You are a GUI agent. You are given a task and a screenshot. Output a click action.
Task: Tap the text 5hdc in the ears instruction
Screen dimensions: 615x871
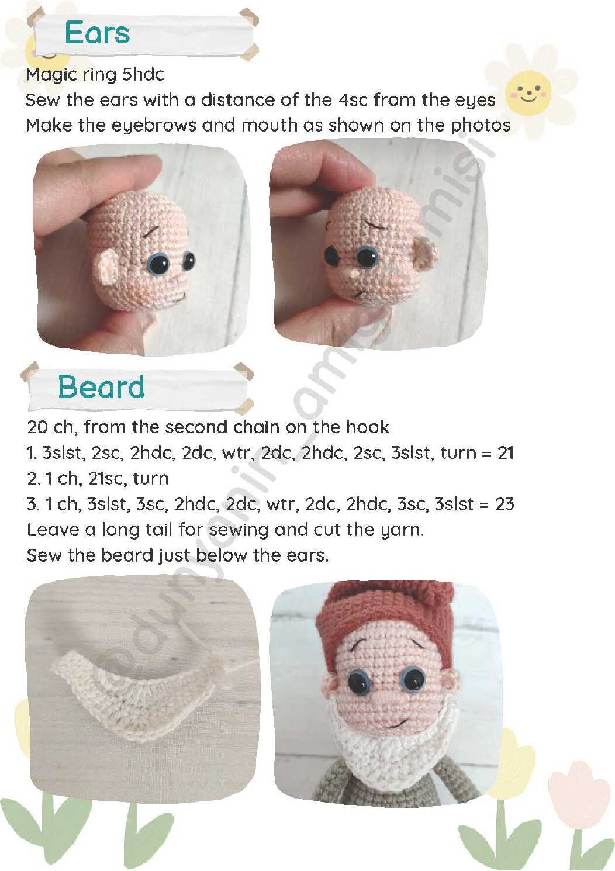pos(143,74)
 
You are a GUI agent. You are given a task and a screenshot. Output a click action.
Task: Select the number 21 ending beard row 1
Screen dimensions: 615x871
pos(505,453)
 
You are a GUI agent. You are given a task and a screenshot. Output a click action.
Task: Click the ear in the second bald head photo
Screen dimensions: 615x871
pos(425,253)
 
